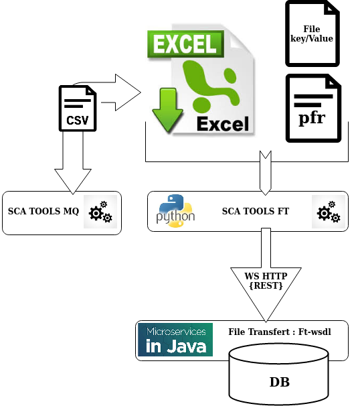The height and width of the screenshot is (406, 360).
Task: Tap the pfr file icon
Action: coord(312,109)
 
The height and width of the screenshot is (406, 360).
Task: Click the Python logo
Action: coord(175,210)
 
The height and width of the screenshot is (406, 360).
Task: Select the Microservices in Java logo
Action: coord(175,340)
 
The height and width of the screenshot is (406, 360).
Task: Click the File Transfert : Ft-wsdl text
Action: coord(279,332)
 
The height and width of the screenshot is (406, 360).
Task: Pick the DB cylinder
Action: coord(280,375)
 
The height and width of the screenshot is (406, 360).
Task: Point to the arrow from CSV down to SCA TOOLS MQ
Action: coord(73,167)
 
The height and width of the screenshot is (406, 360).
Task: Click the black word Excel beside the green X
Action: coord(222,123)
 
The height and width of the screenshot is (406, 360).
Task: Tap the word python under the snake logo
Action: coord(175,218)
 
